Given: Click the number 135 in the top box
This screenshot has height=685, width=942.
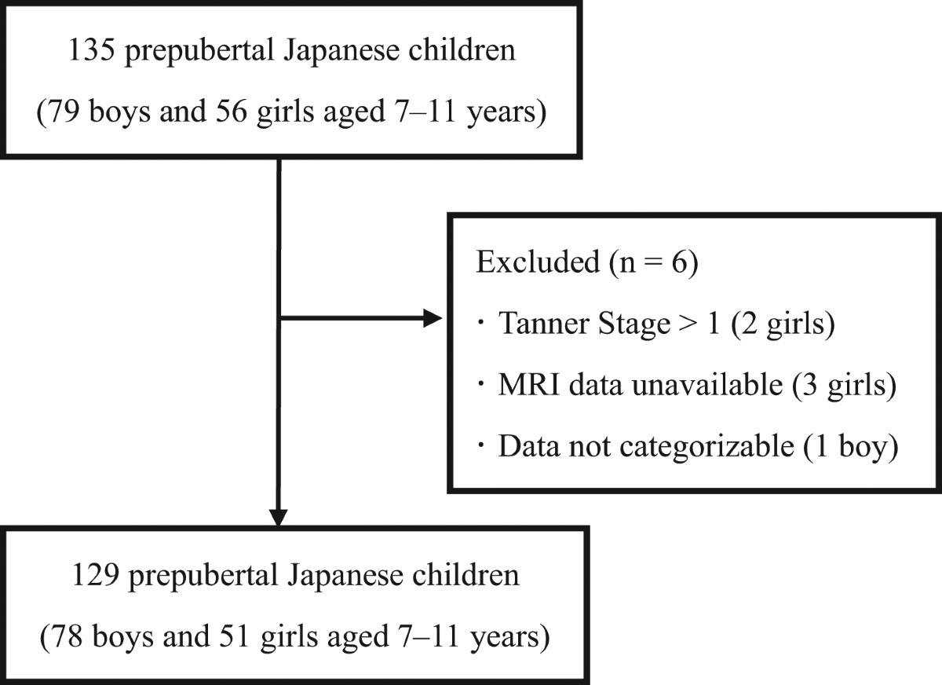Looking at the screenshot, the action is click(92, 50).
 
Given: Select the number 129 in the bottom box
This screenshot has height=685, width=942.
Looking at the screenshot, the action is click(96, 575).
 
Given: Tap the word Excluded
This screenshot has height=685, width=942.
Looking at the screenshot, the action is click(538, 262).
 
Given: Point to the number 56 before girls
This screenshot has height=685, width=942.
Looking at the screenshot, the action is click(232, 112).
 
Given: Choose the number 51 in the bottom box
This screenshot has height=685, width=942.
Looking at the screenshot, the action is click(234, 636).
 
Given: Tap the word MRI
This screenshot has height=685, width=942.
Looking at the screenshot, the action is click(529, 385).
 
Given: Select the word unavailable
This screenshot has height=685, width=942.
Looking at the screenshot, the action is click(707, 385).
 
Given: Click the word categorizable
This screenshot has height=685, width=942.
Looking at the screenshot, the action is click(707, 446).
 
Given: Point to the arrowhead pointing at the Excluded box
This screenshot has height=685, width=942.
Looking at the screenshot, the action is click(433, 318).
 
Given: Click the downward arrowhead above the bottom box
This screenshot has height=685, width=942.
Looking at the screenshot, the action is click(279, 518).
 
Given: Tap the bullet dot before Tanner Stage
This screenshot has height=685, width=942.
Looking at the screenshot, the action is click(480, 324).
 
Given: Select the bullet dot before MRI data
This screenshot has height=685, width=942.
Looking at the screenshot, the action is click(480, 385).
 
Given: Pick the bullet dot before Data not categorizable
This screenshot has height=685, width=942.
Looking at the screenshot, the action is click(480, 446).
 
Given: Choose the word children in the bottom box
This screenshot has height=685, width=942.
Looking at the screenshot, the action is click(466, 575).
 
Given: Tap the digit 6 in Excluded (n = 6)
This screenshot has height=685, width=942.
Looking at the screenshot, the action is click(679, 262).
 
